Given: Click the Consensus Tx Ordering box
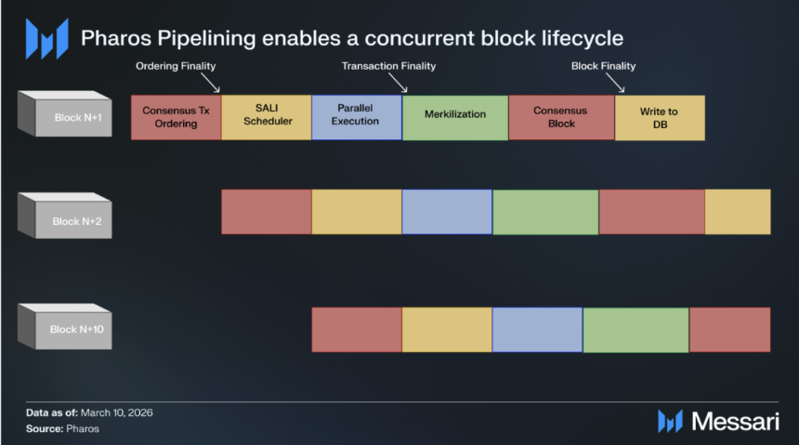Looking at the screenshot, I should pos(176,117).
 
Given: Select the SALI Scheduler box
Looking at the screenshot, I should pos(267,117).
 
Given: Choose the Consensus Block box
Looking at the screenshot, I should pos(561,117).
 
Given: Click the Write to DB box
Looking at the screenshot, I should pos(660,117).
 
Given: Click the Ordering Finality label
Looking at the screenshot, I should pos(177,66).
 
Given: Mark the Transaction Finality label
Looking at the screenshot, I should pos(388,66).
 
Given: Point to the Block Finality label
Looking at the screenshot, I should pos(603,66).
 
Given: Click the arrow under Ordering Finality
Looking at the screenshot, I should pos(213,85).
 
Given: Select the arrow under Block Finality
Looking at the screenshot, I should pos(621,85).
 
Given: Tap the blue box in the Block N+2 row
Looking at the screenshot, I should pos(447,212).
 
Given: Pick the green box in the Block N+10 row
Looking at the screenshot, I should pos(635,330).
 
